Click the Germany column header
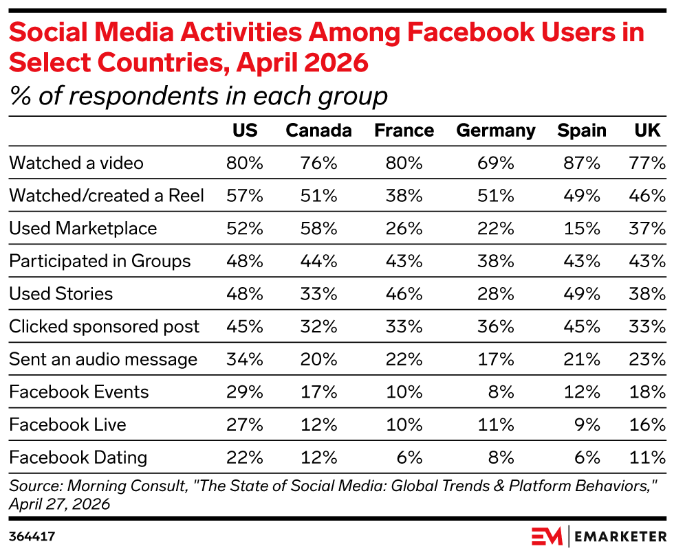tap(496, 131)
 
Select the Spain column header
tap(582, 131)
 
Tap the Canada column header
tap(318, 131)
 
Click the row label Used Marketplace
tap(83, 229)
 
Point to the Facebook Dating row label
tap(78, 457)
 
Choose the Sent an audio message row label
tap(103, 359)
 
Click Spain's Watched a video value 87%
tap(582, 163)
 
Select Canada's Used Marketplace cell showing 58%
tap(318, 228)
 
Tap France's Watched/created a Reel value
tap(404, 196)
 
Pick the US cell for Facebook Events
tap(245, 392)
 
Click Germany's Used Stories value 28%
tap(496, 294)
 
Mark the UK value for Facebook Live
tap(647, 425)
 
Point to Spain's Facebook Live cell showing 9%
tap(587, 425)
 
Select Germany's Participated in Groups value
tap(496, 261)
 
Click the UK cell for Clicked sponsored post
tap(647, 327)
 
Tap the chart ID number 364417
tap(32, 536)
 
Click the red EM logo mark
tap(547, 536)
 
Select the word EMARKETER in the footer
tap(620, 536)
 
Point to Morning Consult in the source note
tap(127, 486)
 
